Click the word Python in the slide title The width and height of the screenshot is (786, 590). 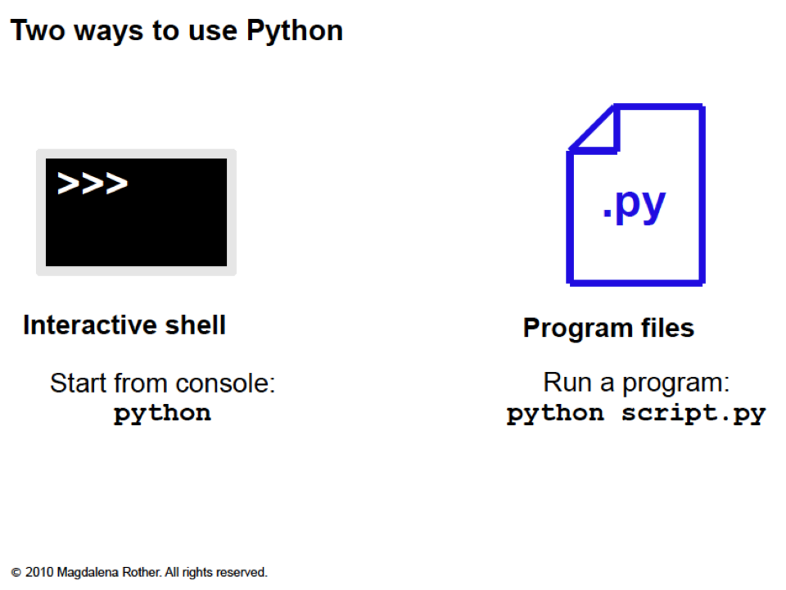click(295, 31)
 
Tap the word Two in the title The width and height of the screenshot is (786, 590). click(34, 31)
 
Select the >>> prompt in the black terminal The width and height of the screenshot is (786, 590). click(93, 184)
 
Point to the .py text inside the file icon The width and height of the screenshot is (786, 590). click(634, 205)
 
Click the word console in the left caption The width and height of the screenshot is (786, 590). click(232, 383)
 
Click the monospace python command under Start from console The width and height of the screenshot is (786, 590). click(162, 413)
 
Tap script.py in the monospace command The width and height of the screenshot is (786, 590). click(693, 413)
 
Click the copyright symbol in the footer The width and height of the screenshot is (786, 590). click(16, 572)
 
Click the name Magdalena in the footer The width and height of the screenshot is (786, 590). click(84, 572)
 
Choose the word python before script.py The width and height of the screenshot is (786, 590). click(555, 413)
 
